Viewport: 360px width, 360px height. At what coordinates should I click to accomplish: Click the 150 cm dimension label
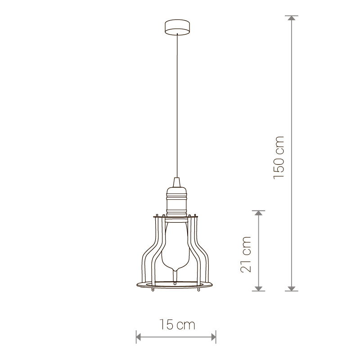coord(279,157)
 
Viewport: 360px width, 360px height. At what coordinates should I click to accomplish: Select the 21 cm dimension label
coord(246,254)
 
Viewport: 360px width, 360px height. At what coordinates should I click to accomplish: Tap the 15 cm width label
coord(177,324)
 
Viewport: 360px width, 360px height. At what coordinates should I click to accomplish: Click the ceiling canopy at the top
coord(177,27)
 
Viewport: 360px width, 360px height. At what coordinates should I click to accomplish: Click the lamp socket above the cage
coord(176,202)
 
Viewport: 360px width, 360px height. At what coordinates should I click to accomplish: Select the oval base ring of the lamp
coord(175,285)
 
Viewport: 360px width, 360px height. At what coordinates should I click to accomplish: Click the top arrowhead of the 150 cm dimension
coord(292,18)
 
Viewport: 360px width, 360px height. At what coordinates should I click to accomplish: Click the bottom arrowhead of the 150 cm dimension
coord(292,288)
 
